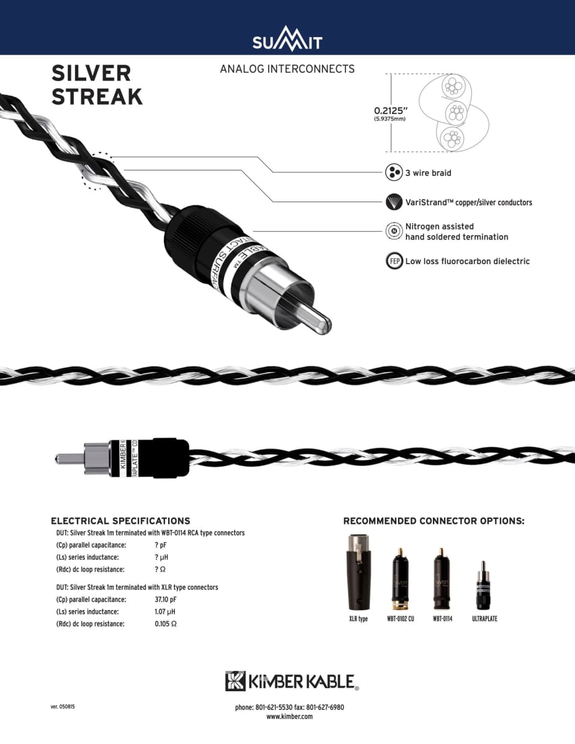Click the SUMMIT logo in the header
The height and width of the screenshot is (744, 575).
[287, 42]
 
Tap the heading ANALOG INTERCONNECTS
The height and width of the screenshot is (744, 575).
[287, 69]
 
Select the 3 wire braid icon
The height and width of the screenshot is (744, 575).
[393, 173]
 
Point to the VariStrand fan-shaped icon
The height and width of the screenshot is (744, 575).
[393, 202]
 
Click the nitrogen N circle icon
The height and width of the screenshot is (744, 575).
[393, 231]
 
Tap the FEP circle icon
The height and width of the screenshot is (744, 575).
[393, 261]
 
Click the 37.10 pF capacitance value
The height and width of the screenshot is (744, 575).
[166, 600]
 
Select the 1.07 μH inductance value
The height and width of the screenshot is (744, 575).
[163, 612]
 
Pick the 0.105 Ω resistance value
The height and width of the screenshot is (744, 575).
[166, 624]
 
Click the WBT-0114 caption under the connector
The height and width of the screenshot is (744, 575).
[442, 619]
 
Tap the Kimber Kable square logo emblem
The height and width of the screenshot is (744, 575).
[235, 681]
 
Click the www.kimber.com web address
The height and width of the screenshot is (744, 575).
[289, 716]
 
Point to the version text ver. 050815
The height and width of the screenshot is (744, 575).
[63, 707]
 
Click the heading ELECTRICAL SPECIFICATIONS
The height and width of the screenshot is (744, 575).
[120, 521]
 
